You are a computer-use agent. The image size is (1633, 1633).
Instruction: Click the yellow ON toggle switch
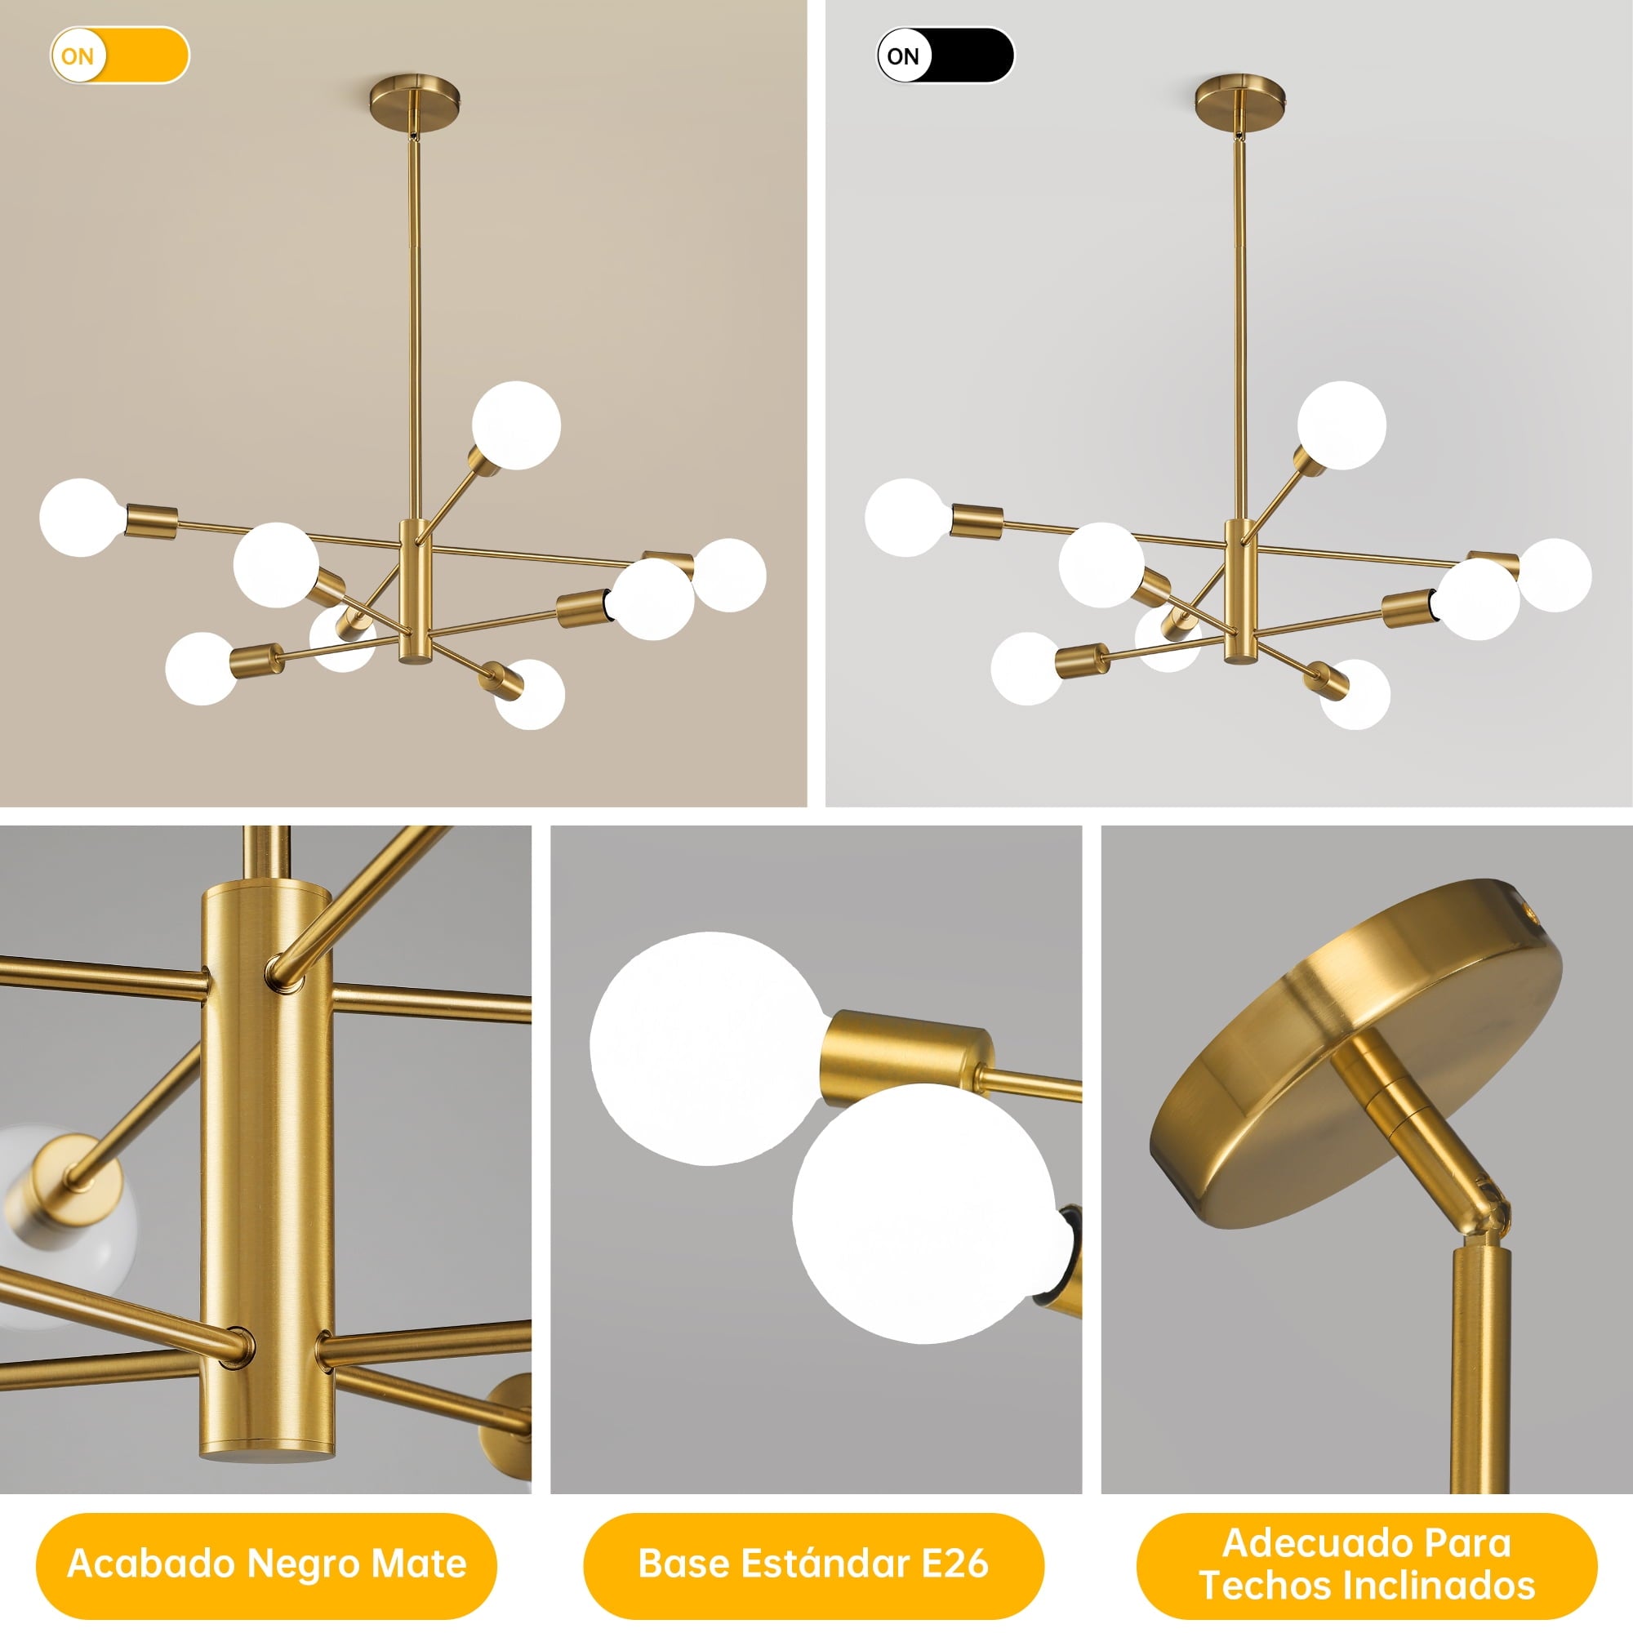119,56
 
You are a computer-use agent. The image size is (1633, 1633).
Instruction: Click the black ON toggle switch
945,56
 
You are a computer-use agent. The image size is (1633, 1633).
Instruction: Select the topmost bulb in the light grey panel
1342,425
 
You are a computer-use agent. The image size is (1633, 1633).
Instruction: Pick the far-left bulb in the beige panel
82,518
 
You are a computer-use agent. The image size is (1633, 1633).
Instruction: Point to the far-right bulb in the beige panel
728,575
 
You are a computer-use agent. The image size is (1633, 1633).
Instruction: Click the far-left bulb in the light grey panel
908,518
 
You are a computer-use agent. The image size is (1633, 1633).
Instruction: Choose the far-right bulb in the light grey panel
1555,575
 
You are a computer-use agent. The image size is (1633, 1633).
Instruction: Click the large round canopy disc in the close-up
1355,1048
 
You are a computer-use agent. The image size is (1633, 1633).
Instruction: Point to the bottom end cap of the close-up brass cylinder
267,1455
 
